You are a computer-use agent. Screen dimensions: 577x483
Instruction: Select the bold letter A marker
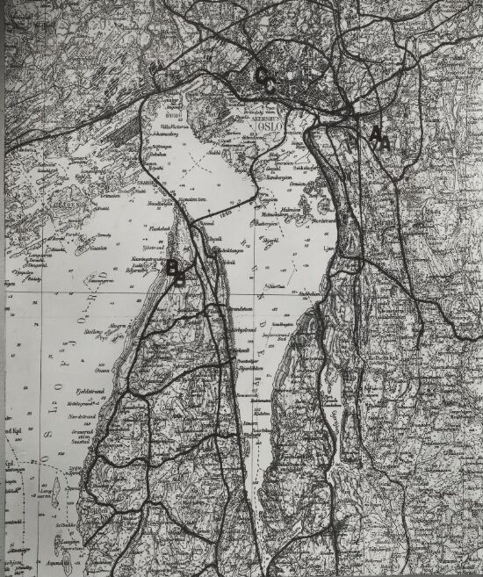(378, 138)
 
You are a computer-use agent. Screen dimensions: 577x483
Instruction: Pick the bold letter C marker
(265, 78)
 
